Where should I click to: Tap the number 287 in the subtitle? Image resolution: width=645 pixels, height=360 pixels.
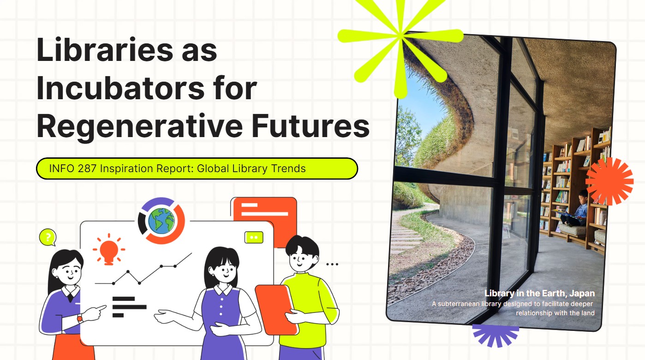[x=87, y=168]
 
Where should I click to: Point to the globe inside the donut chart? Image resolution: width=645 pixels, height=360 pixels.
[x=161, y=221]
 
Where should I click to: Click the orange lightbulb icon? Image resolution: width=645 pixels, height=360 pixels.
[x=109, y=249]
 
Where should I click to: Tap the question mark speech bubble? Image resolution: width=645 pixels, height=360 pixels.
[x=48, y=237]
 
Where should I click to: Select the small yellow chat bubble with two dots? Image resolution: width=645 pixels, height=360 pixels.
[x=254, y=237]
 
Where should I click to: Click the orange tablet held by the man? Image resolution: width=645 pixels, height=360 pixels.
[x=275, y=310]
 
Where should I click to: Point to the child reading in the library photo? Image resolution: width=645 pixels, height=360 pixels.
[x=575, y=209]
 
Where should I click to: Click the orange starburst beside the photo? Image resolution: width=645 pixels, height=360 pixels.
[x=609, y=181]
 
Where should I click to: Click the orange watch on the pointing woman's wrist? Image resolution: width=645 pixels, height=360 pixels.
[x=80, y=318]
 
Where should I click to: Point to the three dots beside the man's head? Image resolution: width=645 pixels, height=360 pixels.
[x=332, y=264]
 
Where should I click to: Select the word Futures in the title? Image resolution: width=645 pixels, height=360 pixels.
[x=311, y=126]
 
